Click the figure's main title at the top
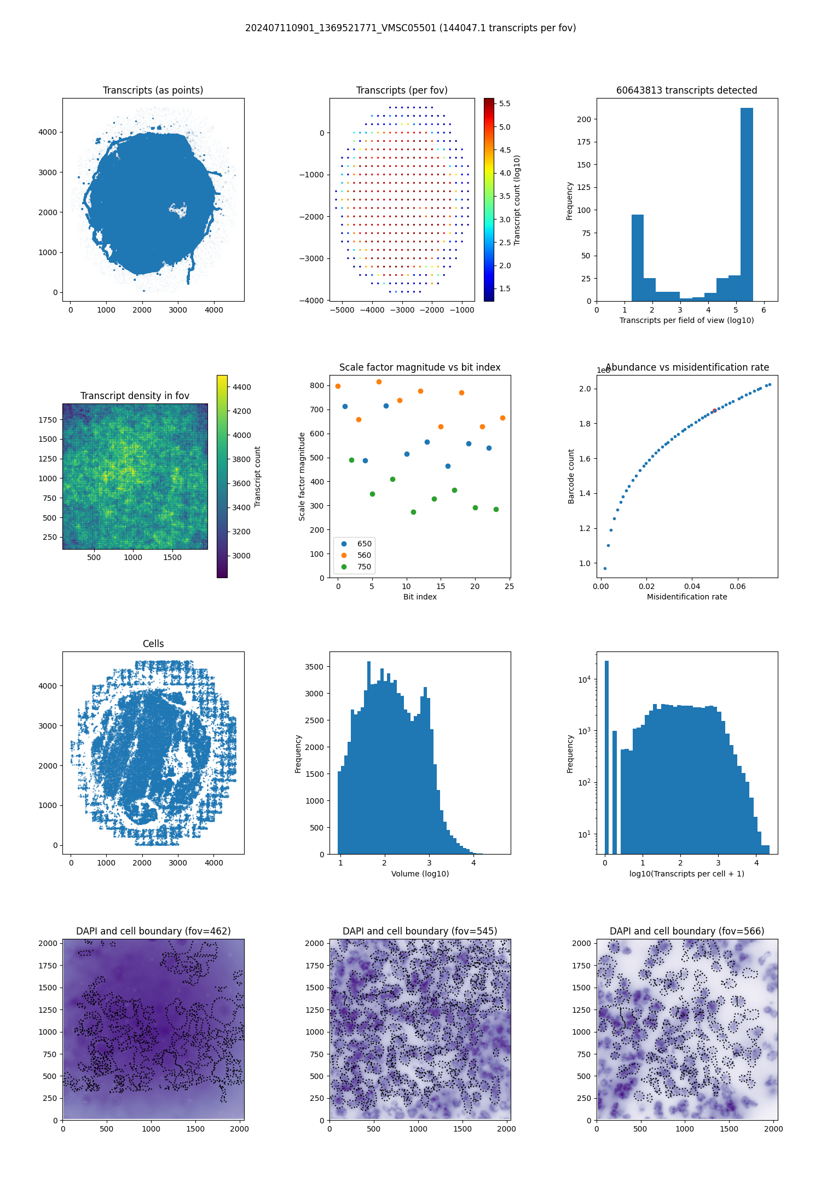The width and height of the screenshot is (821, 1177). click(x=410, y=28)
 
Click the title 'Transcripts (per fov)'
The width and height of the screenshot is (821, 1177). click(x=402, y=90)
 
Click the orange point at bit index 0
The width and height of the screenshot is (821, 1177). click(x=338, y=386)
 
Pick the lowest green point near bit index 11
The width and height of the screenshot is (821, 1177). click(x=413, y=512)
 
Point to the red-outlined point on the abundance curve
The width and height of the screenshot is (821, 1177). click(x=714, y=411)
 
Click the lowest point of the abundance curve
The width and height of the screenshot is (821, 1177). click(x=605, y=568)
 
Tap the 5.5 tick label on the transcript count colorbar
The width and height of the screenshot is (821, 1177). click(x=505, y=103)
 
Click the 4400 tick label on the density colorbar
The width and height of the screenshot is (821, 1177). click(x=241, y=387)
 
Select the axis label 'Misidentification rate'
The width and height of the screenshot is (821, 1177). click(x=687, y=597)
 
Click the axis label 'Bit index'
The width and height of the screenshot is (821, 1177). click(x=420, y=597)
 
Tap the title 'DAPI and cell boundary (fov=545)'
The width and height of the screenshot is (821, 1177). click(x=420, y=931)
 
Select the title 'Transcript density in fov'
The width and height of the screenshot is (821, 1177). click(x=135, y=396)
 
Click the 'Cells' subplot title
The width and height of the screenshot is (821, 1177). click(x=153, y=644)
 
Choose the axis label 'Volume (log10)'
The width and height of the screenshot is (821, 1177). click(x=420, y=874)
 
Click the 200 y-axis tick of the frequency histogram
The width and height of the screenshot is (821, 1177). click(x=584, y=119)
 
